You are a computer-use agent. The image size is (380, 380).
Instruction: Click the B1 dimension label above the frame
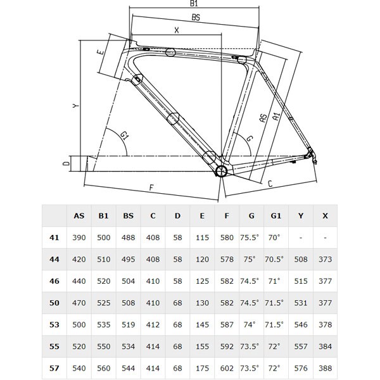tap(194, 4)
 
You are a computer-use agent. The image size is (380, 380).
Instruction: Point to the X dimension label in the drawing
tap(176, 30)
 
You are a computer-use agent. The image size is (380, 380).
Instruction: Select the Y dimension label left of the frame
tap(75, 106)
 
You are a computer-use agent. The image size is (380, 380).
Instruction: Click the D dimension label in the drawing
tap(66, 164)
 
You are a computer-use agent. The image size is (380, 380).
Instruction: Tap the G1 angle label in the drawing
tap(125, 135)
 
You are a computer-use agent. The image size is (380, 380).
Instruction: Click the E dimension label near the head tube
tap(101, 54)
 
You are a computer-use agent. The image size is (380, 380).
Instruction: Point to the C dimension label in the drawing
tap(270, 184)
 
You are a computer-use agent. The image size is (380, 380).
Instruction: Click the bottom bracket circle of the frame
tap(220, 172)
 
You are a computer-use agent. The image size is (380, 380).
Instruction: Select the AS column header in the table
tap(79, 216)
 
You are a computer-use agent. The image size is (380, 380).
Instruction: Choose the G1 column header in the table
tap(276, 216)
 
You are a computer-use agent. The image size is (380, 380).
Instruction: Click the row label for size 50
tap(54, 302)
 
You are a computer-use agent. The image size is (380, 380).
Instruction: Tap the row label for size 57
tap(54, 367)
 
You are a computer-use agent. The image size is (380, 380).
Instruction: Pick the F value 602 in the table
tap(227, 367)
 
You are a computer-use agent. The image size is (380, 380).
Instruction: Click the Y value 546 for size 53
tap(300, 324)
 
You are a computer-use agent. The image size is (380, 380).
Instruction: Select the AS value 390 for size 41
tap(79, 237)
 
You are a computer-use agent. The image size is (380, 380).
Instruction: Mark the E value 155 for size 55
tap(202, 346)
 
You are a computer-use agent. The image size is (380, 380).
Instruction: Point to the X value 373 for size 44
tap(325, 259)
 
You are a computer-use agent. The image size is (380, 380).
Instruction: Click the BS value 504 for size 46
tap(129, 281)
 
